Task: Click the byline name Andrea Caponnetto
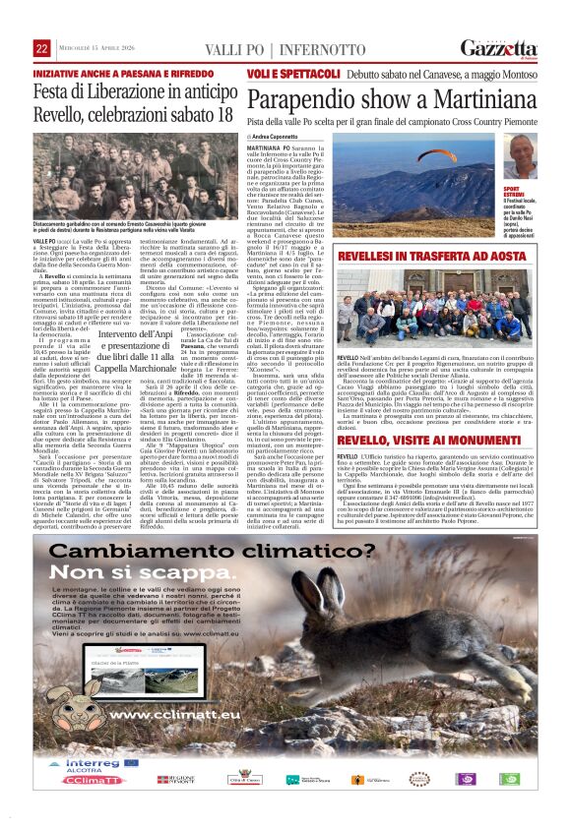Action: [280, 136]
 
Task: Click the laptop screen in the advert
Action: [122, 688]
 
